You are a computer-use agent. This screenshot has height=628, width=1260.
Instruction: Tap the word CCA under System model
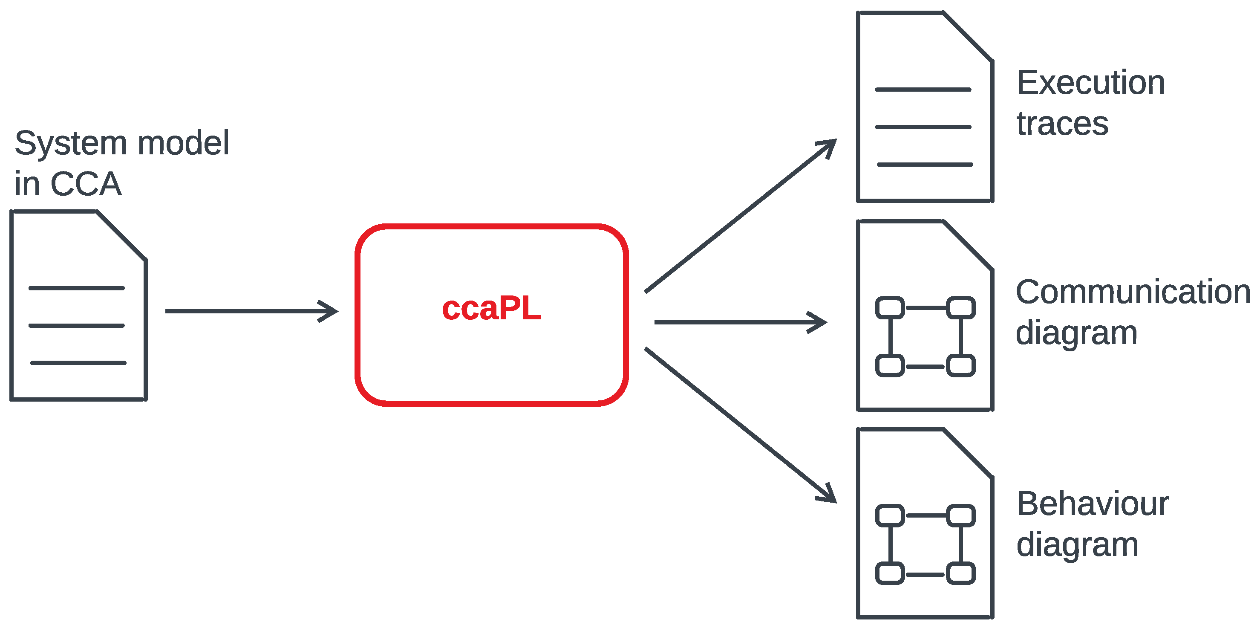[86, 184]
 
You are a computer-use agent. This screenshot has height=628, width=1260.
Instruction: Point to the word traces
[1062, 123]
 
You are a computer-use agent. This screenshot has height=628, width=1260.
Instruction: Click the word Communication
[1132, 292]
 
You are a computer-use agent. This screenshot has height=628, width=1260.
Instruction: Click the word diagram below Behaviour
[1077, 545]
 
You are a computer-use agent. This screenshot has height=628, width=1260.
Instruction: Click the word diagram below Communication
[1076, 333]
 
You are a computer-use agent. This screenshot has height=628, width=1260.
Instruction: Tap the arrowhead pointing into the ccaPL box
[330, 311]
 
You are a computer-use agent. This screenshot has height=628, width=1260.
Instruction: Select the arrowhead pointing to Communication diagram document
[819, 323]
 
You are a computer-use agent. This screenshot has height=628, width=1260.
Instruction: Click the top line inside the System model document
[77, 288]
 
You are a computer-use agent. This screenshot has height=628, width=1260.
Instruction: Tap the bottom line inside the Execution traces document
[925, 165]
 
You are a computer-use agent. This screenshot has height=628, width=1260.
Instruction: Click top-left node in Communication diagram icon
[889, 308]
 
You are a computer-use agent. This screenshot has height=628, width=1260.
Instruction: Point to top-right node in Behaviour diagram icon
[960, 516]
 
